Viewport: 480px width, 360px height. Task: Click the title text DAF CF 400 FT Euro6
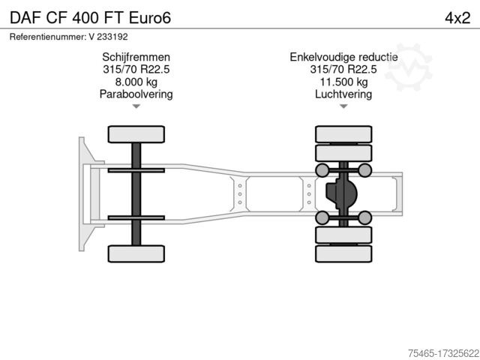[90, 17]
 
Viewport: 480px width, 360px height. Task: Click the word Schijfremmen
[136, 57]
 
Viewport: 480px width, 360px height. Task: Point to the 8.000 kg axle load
[136, 82]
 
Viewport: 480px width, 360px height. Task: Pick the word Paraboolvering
[136, 94]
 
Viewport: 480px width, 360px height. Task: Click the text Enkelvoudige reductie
[343, 57]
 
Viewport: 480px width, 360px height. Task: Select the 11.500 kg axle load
[343, 82]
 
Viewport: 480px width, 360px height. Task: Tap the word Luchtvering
[343, 94]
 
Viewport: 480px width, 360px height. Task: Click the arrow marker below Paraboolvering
[136, 107]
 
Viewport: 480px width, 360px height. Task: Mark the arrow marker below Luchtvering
[343, 107]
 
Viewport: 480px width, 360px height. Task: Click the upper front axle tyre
[136, 134]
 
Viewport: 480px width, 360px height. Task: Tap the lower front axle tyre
[136, 253]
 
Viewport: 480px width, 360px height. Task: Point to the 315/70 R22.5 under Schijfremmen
[136, 70]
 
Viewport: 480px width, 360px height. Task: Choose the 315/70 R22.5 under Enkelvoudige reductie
[343, 70]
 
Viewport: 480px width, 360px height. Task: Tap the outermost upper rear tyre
[343, 134]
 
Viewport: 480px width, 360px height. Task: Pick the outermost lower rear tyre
[343, 253]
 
